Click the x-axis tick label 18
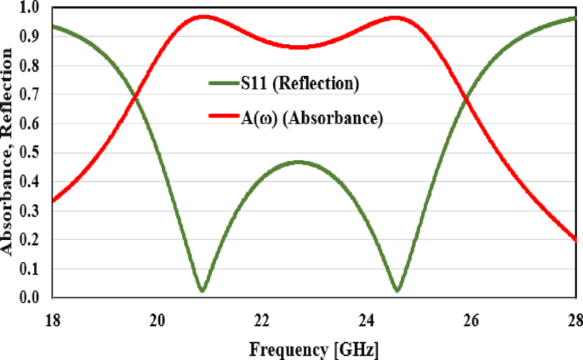52,321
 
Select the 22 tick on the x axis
261,321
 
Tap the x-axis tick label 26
471,321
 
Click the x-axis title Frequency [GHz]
313,349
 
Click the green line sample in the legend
225,83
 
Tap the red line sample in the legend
225,118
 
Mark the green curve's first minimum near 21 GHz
201,291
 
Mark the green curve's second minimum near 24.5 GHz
397,291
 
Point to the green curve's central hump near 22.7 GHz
298,162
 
